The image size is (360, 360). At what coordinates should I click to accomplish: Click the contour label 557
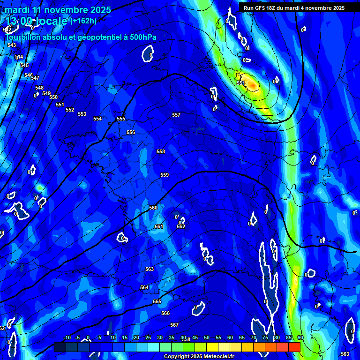tap(176, 115)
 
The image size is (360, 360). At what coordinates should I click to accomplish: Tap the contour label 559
tap(165, 175)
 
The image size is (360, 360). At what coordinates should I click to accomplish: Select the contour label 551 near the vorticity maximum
tap(241, 83)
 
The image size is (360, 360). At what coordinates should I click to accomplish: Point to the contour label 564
tap(144, 287)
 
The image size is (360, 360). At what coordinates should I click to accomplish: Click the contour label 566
tap(165, 313)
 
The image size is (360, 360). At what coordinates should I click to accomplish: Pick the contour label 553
tap(82, 114)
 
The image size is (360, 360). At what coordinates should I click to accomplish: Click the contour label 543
tap(12, 45)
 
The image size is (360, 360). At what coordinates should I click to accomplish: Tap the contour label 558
tap(161, 151)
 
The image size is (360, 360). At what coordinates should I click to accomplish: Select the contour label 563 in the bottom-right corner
tap(345, 354)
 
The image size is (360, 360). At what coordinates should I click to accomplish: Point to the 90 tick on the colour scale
tap(300, 338)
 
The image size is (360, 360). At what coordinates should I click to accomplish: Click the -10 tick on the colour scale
tap(67, 338)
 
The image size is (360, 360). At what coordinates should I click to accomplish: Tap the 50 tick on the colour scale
tap(207, 338)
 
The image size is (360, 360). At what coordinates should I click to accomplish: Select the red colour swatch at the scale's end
tap(294, 347)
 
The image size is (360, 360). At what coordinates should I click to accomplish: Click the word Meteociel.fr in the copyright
tap(218, 357)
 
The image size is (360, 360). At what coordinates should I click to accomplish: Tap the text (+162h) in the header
tap(83, 21)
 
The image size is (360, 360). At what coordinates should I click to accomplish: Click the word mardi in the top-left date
tap(16, 10)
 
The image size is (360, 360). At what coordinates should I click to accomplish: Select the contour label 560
tap(153, 208)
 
